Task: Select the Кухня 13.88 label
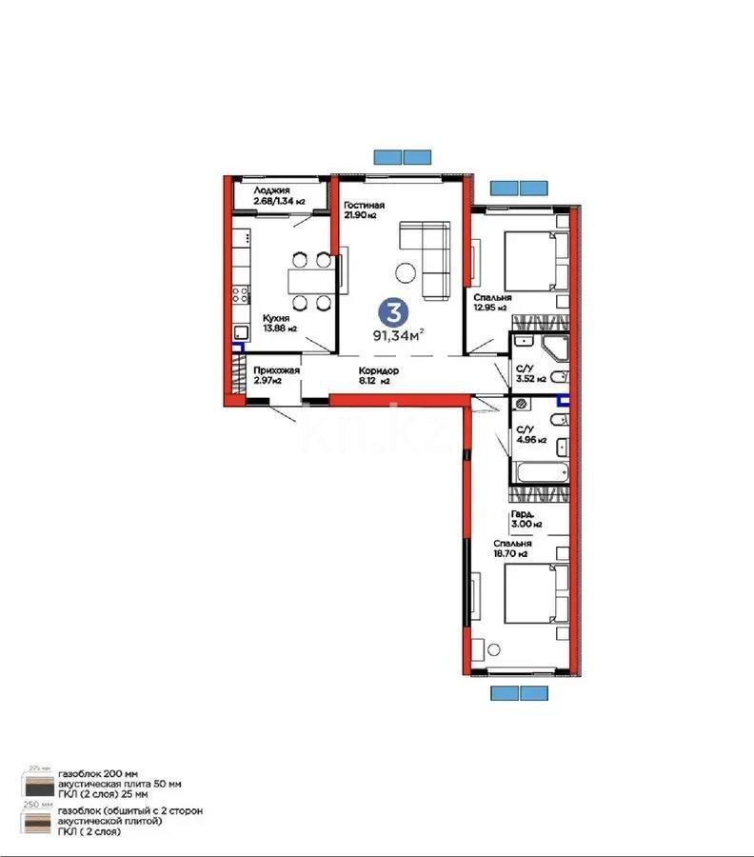point(274,323)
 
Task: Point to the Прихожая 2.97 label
point(277,375)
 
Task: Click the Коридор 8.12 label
point(379,375)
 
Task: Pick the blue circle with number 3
point(389,310)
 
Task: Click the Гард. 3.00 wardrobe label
point(526,519)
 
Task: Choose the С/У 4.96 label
point(527,435)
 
